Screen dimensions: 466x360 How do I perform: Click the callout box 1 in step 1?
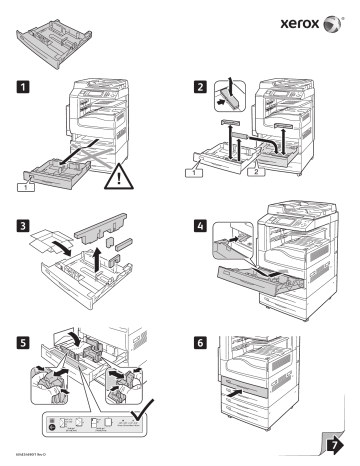21,185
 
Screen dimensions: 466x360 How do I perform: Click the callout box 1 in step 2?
206,174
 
